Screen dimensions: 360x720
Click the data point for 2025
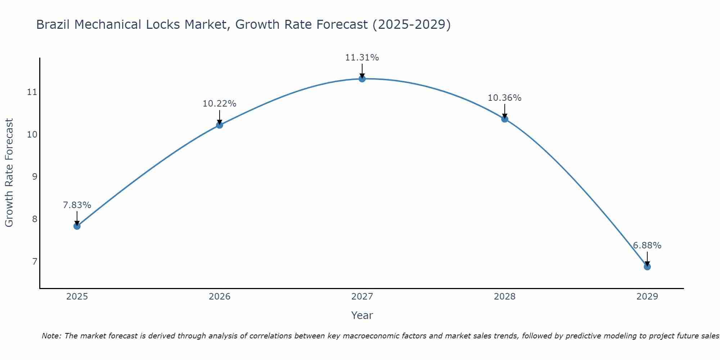77,226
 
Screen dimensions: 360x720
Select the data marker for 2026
220,125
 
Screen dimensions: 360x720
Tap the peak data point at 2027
362,79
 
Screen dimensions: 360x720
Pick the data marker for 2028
505,119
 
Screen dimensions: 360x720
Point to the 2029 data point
647,267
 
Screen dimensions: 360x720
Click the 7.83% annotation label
77,205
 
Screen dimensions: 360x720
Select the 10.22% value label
220,104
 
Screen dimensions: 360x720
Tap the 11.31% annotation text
362,58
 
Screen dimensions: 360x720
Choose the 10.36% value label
505,98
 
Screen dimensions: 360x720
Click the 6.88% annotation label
647,246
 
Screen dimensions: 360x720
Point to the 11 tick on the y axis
32,92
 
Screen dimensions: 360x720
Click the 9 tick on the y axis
35,177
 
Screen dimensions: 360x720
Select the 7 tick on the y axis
35,261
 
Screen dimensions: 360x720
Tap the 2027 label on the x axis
362,297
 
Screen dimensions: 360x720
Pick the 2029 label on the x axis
647,297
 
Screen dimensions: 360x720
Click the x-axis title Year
362,315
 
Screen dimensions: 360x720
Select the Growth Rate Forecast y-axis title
9,173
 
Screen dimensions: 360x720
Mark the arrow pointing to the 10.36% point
505,111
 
